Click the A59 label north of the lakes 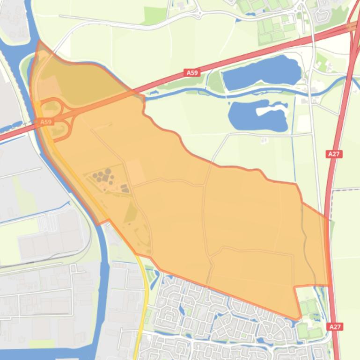pyautogui.click(x=192, y=72)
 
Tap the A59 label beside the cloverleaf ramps pyautogui.click(x=45, y=122)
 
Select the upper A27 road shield pyautogui.click(x=334, y=154)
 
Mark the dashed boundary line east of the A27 pyautogui.click(x=346, y=189)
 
